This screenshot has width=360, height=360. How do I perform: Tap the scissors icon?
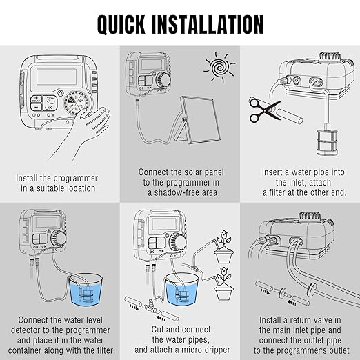[x=264, y=109]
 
